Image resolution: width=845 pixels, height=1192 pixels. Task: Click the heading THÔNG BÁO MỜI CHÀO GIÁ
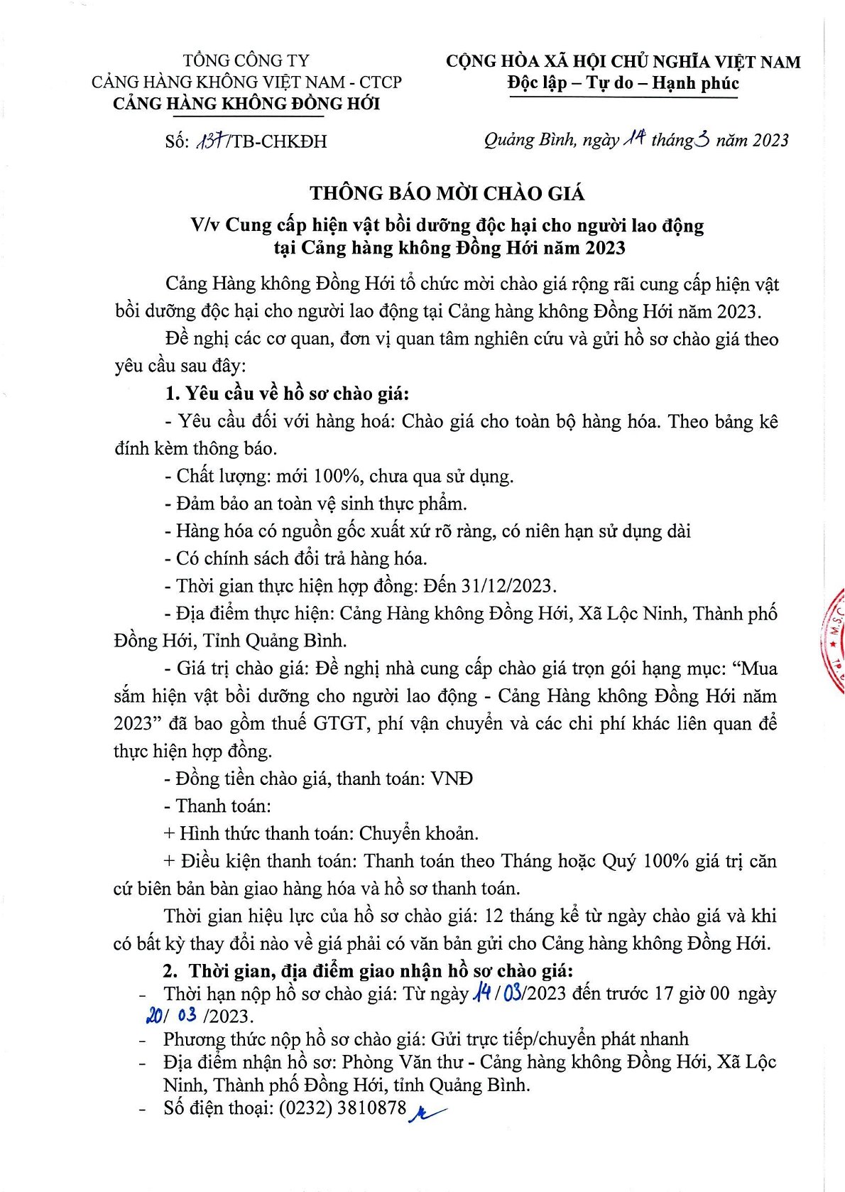tap(447, 193)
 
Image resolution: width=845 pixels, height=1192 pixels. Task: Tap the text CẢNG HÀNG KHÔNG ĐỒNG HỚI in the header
tap(246, 104)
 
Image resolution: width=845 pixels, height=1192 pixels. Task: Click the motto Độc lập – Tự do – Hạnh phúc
tap(623, 83)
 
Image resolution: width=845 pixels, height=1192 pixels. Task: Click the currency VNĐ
tap(452, 779)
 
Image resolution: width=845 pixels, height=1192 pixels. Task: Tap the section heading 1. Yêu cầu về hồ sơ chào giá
tap(287, 394)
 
